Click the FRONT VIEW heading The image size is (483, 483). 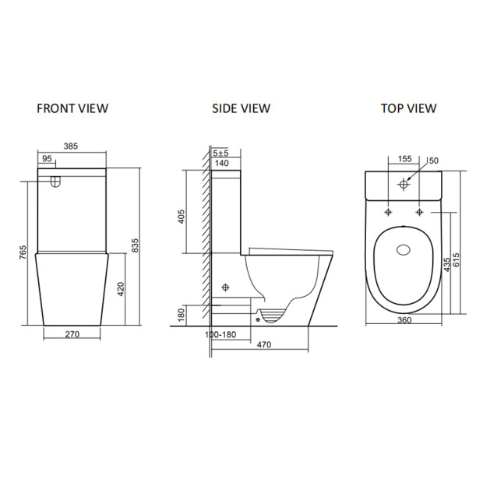pos(72,108)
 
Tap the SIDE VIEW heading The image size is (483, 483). pos(241,108)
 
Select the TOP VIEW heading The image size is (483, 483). pos(408,108)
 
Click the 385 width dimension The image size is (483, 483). pos(71,146)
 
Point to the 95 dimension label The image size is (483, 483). pos(47,159)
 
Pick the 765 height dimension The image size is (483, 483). pos(23,252)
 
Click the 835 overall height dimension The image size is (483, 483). pos(135,245)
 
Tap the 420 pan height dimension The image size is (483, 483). pos(121,289)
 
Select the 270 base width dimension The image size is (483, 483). pos(72,334)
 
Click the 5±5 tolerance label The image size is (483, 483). pos(220,153)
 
